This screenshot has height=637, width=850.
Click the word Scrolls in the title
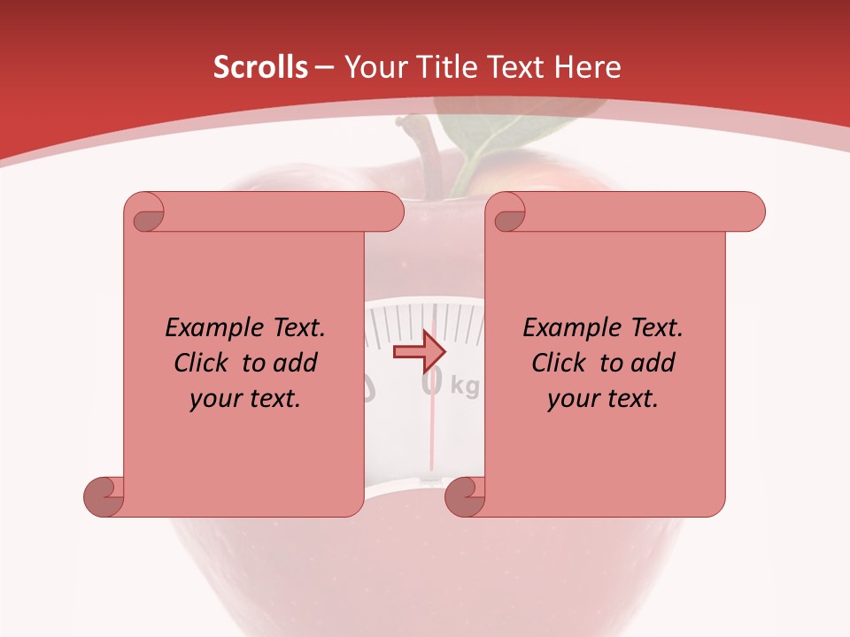260,67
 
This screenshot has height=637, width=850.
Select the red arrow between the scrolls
419,351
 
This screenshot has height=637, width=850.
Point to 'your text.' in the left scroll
245,399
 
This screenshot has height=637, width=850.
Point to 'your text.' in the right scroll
603,399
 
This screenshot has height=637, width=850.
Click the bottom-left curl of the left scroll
104,497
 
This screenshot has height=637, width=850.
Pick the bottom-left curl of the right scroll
465,497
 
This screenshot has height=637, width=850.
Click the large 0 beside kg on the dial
432,381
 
